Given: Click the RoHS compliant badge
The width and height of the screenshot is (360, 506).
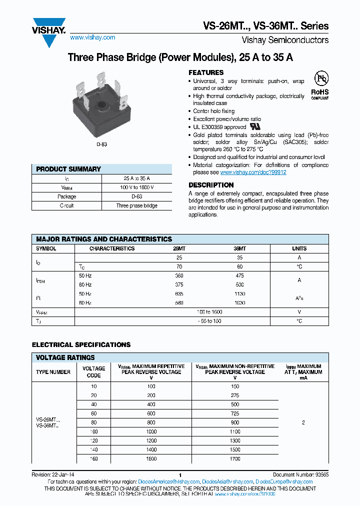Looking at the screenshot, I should [320, 85].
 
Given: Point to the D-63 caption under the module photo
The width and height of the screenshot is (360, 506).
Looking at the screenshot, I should [101, 144].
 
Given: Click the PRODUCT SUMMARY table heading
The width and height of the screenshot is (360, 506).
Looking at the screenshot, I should [68, 169].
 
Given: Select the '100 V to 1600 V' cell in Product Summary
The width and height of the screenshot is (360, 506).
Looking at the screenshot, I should [136, 187].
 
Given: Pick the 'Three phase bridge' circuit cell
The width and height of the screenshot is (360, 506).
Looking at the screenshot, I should [136, 205].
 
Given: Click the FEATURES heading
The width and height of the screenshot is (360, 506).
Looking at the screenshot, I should [206, 72].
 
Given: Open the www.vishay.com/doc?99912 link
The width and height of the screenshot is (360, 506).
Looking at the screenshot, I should [253, 172].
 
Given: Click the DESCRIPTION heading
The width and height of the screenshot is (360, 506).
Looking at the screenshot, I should [211, 185].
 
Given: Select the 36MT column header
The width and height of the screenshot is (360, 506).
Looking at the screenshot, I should [239, 248].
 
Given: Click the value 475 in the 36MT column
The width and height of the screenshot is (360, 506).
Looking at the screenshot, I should [239, 275].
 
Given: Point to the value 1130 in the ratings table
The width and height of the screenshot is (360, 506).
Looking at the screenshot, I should [239, 293].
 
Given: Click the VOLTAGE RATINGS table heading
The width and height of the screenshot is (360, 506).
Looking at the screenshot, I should [65, 357].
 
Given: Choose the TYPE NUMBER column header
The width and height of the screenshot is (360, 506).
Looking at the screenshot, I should [53, 372].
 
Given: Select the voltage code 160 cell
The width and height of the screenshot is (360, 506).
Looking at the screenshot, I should [94, 458].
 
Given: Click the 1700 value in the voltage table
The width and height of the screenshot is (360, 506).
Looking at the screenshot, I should [235, 458].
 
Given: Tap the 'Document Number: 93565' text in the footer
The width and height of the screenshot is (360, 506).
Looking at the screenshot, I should [300, 474].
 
